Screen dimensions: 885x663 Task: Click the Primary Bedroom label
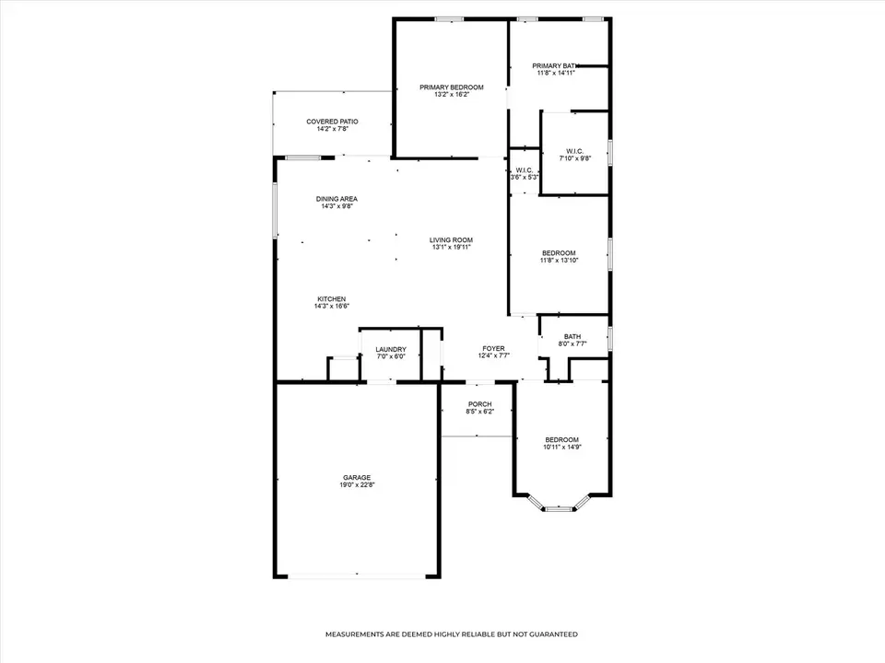tap(452, 87)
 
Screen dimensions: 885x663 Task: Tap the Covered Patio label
tap(333, 122)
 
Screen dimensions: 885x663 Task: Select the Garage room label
tap(357, 478)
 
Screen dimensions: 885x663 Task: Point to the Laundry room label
tap(391, 350)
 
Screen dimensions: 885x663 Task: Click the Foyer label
tap(494, 348)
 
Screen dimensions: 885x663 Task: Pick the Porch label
tap(479, 404)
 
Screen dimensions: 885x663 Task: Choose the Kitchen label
tap(332, 298)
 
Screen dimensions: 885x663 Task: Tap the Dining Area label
tap(336, 199)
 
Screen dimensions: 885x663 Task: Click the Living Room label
tap(452, 240)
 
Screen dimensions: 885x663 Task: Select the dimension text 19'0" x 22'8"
tap(357, 485)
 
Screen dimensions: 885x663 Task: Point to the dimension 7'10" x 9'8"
tap(574, 158)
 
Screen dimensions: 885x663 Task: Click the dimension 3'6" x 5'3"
tap(525, 177)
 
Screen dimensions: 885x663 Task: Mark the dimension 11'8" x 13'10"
tap(559, 261)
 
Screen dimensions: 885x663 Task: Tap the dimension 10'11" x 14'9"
tap(562, 448)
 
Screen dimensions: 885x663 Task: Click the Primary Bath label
tap(555, 66)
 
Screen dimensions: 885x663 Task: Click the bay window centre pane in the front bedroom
tap(559, 509)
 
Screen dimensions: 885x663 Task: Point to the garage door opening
tap(357, 576)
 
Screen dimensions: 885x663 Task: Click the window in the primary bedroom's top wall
tap(449, 19)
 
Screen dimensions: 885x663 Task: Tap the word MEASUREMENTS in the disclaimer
tap(354, 634)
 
